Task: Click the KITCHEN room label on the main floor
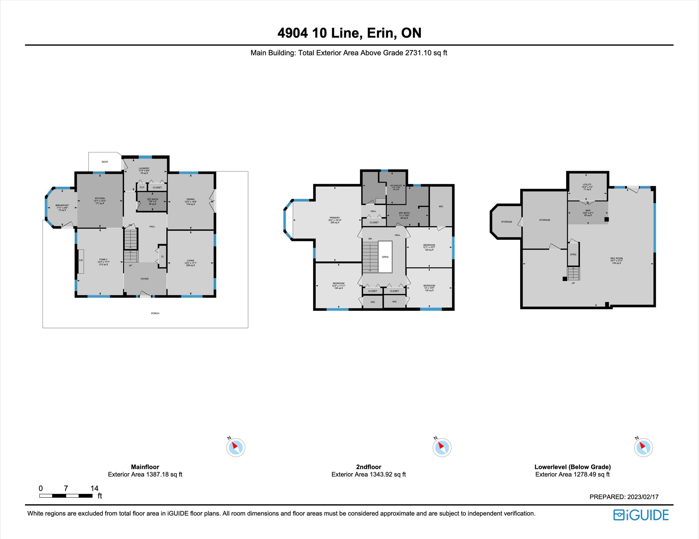(x=100, y=198)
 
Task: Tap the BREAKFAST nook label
(x=62, y=206)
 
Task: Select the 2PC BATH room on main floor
(x=152, y=199)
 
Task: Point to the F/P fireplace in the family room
(x=81, y=261)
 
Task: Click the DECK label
(x=105, y=162)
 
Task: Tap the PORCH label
(x=155, y=313)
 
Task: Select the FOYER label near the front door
(x=145, y=279)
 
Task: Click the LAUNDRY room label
(x=144, y=168)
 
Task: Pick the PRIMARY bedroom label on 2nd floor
(x=335, y=218)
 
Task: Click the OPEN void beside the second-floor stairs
(x=385, y=257)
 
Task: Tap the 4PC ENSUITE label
(x=396, y=186)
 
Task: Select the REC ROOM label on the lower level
(x=616, y=258)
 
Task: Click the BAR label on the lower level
(x=588, y=211)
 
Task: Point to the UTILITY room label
(x=587, y=185)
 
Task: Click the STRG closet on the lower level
(x=573, y=254)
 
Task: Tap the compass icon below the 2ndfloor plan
(x=442, y=447)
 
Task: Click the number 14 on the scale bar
(x=94, y=488)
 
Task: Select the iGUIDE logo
(x=641, y=515)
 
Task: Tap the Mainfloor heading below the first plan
(x=145, y=467)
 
